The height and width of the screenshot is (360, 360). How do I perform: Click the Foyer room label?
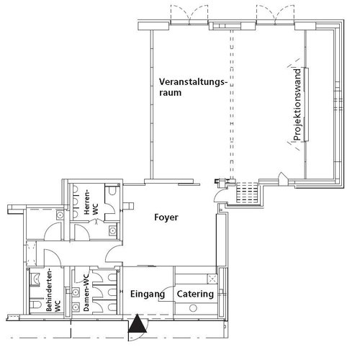click(166, 217)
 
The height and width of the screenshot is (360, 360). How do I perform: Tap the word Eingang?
click(148, 294)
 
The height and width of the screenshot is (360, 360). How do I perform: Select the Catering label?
click(195, 294)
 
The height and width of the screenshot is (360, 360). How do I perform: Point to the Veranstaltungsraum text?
click(193, 87)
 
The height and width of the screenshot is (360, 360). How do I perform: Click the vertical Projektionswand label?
click(297, 104)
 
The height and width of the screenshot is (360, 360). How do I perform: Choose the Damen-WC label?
click(86, 293)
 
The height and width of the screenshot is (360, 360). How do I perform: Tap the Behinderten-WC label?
click(53, 291)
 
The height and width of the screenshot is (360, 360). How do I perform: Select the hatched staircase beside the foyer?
click(247, 193)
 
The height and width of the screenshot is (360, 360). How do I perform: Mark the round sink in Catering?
click(193, 308)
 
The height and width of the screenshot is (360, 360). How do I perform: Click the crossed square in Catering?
click(212, 279)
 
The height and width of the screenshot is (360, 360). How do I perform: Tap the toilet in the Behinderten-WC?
click(35, 305)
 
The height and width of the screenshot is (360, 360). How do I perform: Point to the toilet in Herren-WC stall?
click(112, 190)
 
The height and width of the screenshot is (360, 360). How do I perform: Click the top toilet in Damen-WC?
click(112, 277)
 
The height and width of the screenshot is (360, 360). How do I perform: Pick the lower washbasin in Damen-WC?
click(76, 307)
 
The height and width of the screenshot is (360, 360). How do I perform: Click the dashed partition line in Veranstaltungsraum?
click(232, 104)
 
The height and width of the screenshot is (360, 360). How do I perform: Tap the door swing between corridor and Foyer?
click(112, 253)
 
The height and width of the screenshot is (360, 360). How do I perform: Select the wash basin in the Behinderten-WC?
click(35, 279)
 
